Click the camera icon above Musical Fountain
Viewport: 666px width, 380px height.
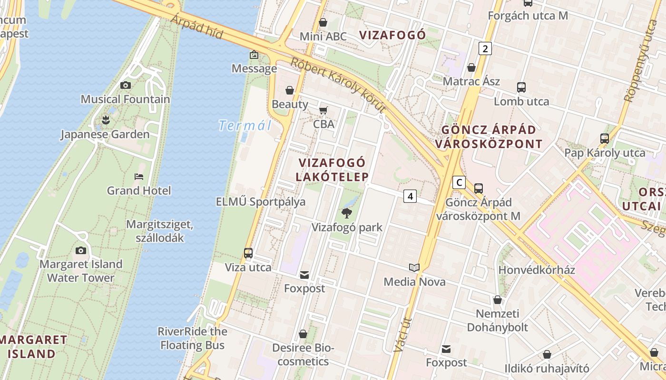[x=126, y=85]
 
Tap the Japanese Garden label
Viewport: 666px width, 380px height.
[x=105, y=134]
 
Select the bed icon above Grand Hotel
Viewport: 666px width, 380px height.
[x=138, y=177]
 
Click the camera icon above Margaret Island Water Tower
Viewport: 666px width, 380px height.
[x=81, y=250]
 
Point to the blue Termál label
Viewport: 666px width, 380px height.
[x=245, y=126]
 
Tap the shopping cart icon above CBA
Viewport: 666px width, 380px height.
[x=323, y=111]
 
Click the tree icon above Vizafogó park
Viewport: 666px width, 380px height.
[x=347, y=213]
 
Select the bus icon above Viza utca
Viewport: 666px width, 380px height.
[x=248, y=253]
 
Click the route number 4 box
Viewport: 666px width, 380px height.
[x=410, y=196]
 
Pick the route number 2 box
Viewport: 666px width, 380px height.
[x=485, y=48]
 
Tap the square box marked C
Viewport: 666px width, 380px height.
[x=459, y=182]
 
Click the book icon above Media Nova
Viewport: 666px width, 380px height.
[x=414, y=268]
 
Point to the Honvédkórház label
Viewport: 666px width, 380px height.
[x=537, y=270]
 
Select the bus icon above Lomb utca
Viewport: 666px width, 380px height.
[x=521, y=87]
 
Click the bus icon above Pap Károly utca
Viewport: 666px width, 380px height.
[x=604, y=139]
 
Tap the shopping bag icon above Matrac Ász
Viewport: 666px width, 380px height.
[x=471, y=68]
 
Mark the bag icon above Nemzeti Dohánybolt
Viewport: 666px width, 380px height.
[x=498, y=300]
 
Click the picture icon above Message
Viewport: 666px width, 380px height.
[x=254, y=55]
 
